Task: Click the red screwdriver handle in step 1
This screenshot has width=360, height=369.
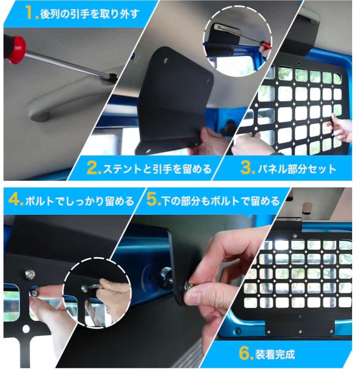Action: click(x=16, y=50)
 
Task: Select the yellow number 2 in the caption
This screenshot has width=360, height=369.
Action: click(x=94, y=168)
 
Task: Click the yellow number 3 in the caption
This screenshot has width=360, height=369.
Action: click(x=248, y=168)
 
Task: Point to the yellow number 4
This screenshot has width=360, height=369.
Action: click(x=15, y=200)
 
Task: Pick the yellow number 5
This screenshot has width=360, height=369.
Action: click(x=153, y=200)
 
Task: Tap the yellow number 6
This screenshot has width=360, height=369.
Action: click(x=245, y=354)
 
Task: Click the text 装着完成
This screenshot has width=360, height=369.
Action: click(x=275, y=354)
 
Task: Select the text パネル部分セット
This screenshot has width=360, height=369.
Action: click(x=297, y=169)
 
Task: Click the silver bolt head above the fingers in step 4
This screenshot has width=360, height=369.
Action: click(x=30, y=274)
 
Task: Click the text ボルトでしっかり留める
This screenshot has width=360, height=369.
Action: click(x=79, y=201)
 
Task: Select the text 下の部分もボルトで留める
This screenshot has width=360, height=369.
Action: click(x=220, y=201)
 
